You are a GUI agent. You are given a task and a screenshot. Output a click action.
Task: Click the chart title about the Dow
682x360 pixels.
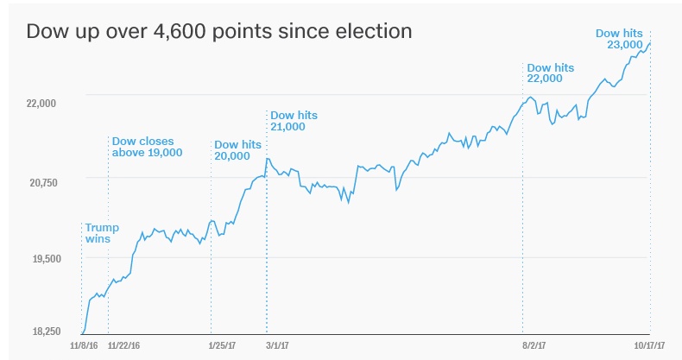click(218, 31)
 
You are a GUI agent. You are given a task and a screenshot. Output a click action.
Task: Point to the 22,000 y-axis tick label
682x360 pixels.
click(41, 104)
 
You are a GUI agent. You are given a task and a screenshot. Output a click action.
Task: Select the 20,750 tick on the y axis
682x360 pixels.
click(41, 181)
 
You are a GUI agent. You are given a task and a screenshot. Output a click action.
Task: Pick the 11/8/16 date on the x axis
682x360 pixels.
click(84, 345)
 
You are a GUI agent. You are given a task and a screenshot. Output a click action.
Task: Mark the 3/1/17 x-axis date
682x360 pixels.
click(267, 345)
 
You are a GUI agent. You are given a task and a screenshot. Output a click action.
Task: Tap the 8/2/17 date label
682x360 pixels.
click(523, 345)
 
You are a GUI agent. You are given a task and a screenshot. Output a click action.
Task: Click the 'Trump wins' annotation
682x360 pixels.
click(101, 234)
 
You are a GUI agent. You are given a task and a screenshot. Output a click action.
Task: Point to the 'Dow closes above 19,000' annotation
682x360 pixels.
click(146, 147)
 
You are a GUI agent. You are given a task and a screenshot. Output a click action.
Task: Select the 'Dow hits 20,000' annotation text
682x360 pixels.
click(237, 150)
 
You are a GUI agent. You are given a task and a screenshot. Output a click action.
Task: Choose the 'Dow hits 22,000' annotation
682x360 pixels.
click(551, 73)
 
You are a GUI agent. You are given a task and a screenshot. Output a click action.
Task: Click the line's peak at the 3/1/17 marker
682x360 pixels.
click(268, 158)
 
